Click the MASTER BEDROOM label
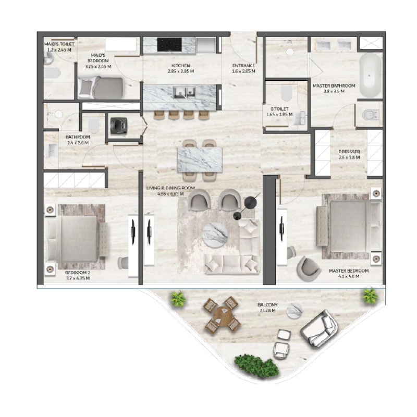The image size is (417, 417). click(x=348, y=271)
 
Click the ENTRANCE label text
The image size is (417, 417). click(x=243, y=66)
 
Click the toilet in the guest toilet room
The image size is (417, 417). click(x=286, y=94)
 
